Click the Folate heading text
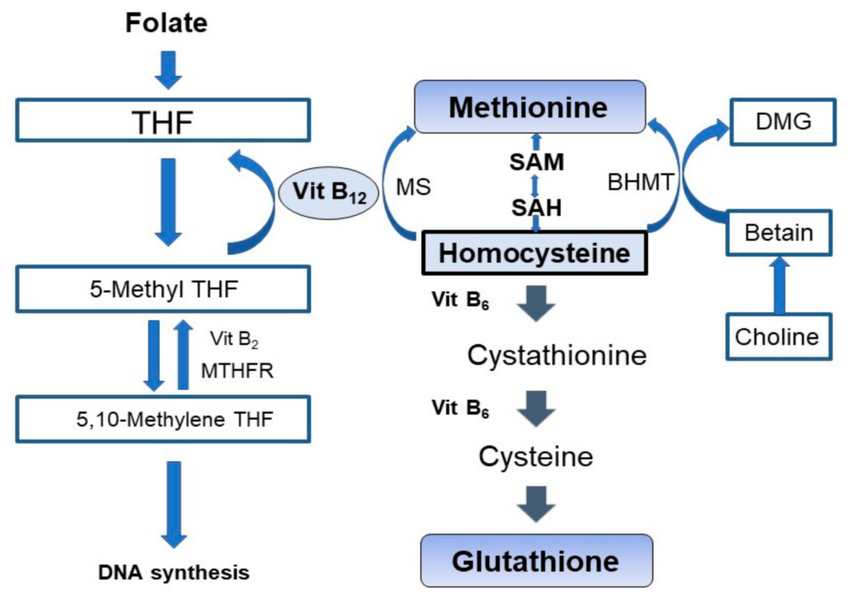(166, 22)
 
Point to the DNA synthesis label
(173, 573)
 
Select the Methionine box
(529, 106)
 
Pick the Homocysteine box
(534, 253)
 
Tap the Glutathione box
(535, 561)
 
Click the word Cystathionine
(557, 356)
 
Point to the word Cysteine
(535, 456)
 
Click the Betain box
(779, 232)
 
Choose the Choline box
(777, 337)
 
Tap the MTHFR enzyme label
(237, 371)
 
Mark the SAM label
(536, 162)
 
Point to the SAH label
(536, 208)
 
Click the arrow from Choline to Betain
(779, 283)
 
